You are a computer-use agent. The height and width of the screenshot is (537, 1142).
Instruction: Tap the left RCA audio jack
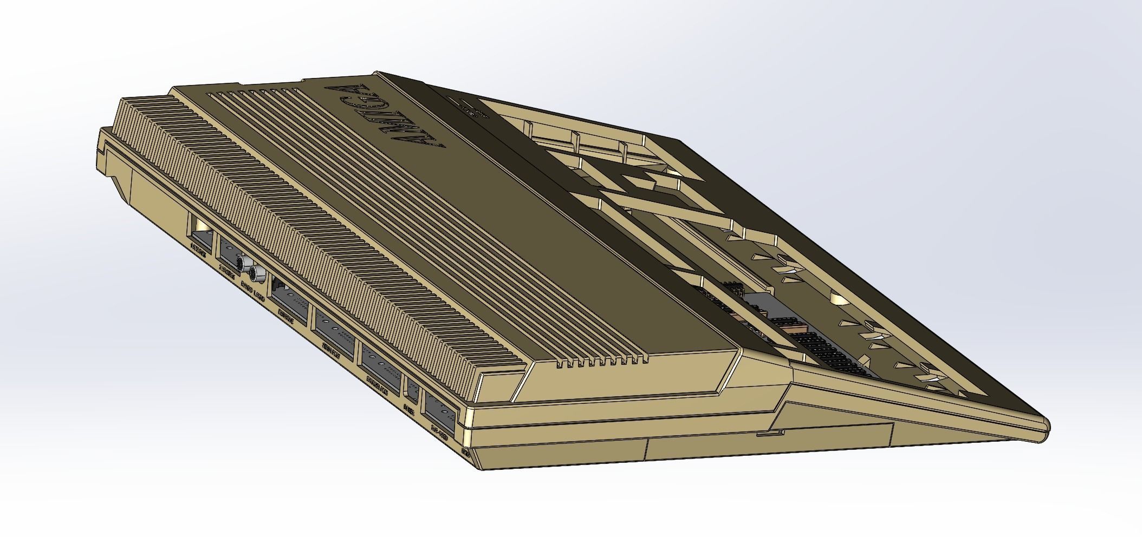tap(246, 264)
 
